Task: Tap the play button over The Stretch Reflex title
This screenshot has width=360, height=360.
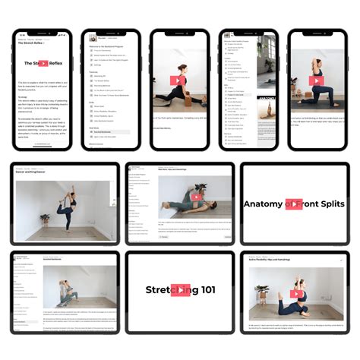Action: [x=43, y=65]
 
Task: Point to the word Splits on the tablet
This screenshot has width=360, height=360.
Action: [x=325, y=204]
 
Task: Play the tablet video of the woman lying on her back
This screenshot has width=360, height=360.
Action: [x=196, y=197]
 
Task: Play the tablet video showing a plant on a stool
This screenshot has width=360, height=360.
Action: [x=298, y=293]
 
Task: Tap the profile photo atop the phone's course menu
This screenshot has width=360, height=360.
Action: [x=93, y=37]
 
